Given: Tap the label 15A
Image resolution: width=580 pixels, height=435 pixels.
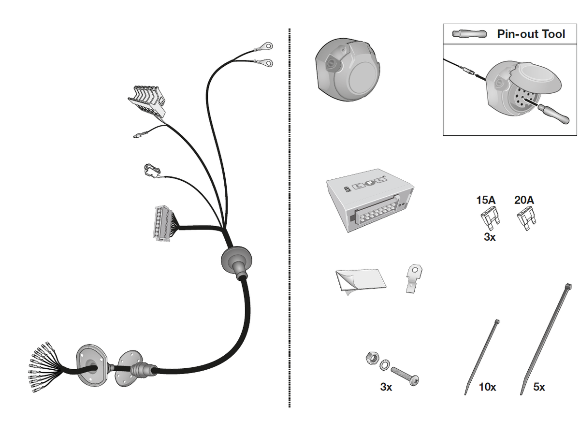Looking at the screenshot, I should coord(486,200).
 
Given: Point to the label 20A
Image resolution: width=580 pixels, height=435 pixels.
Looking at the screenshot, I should coord(524,200).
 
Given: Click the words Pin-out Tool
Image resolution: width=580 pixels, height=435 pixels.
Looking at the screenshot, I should coord(531,34).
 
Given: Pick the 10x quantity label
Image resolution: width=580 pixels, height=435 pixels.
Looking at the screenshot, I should coord(487,387).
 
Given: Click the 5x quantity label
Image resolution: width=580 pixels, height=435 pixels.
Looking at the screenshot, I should coord(539,387).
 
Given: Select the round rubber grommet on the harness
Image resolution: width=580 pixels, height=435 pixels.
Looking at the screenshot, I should coord(236,260).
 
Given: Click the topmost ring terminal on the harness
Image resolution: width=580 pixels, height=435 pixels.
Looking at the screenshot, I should coord(264,46).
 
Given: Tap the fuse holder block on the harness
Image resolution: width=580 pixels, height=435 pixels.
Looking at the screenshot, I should coord(147,99).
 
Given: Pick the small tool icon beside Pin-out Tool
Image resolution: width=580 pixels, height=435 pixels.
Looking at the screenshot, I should coord(469,34).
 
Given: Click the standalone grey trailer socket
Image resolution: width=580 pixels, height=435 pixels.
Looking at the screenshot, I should coord(348,70).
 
